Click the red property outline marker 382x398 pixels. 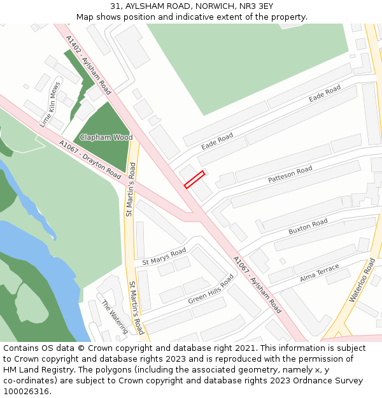click(194, 179)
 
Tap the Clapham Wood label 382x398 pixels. click(106, 138)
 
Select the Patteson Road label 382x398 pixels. click(290, 174)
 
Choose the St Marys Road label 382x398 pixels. click(164, 257)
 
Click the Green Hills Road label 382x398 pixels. click(211, 290)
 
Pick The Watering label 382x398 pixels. click(115, 316)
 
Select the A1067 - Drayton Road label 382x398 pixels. click(90, 159)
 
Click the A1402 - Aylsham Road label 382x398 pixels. click(88, 65)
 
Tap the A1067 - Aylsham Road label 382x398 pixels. click(257, 284)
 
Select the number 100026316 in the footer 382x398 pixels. click(26, 391)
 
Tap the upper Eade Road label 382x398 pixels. click(325, 95)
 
